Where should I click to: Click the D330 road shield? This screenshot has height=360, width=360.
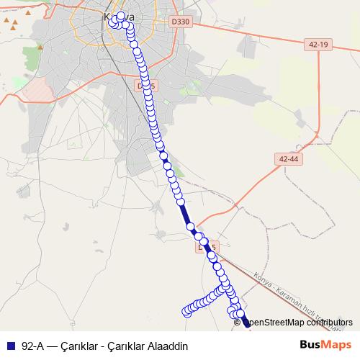pyautogui.click(x=181, y=22)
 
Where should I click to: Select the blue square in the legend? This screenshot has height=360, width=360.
pyautogui.click(x=11, y=346)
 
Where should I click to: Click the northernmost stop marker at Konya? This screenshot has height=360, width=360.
pyautogui.click(x=120, y=16)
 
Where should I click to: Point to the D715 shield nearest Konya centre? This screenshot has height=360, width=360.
pyautogui.click(x=146, y=86)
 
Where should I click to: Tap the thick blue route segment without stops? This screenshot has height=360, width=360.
pyautogui.click(x=186, y=215)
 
